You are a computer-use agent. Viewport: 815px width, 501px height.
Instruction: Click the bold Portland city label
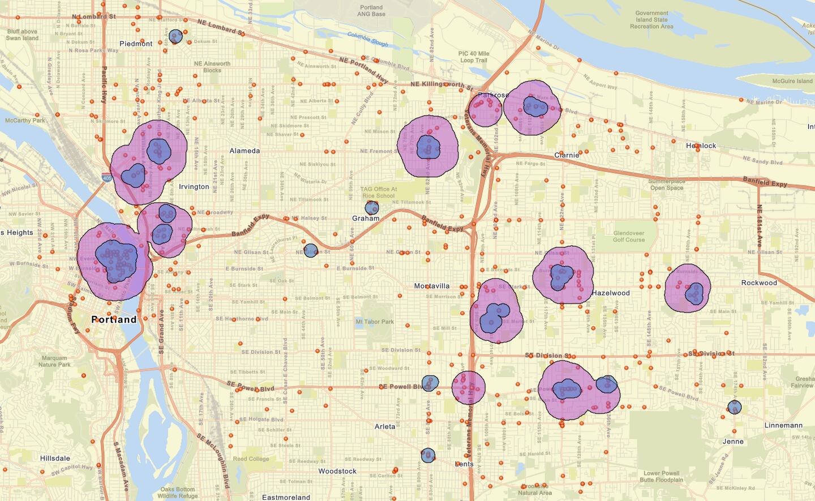[x=114, y=319]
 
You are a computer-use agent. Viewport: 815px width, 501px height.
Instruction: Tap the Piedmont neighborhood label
[x=136, y=44]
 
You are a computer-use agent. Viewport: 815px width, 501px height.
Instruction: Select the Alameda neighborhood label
[x=244, y=151]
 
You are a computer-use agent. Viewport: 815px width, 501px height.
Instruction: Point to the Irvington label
[x=194, y=187]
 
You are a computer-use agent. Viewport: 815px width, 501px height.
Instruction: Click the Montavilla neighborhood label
[x=432, y=286]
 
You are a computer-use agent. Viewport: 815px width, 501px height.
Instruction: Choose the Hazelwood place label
[x=611, y=293]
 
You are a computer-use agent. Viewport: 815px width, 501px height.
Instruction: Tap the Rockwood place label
[x=759, y=282]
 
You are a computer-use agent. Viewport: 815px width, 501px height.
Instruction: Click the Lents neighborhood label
[x=464, y=464]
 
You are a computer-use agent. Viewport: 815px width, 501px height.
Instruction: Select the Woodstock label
[x=337, y=471]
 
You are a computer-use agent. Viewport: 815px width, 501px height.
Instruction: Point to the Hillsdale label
[x=55, y=459]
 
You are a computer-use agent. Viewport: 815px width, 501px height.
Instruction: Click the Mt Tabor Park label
[x=375, y=322]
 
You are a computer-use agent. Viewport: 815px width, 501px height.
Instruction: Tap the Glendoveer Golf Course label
[x=629, y=236]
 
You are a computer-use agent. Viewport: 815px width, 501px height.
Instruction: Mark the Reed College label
[x=251, y=459]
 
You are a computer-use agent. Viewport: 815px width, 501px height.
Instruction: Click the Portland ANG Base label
[x=371, y=11]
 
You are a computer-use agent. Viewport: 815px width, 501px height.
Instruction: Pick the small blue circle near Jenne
[x=734, y=407]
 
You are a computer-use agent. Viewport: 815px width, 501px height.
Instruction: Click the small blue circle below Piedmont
[x=175, y=37]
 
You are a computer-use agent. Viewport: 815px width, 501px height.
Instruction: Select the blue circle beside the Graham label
[x=372, y=208]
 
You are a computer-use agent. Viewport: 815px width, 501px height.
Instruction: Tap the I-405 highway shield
[x=107, y=178]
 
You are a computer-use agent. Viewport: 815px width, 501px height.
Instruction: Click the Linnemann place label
[x=783, y=425]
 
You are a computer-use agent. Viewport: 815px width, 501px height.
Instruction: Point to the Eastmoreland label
[x=286, y=497]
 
